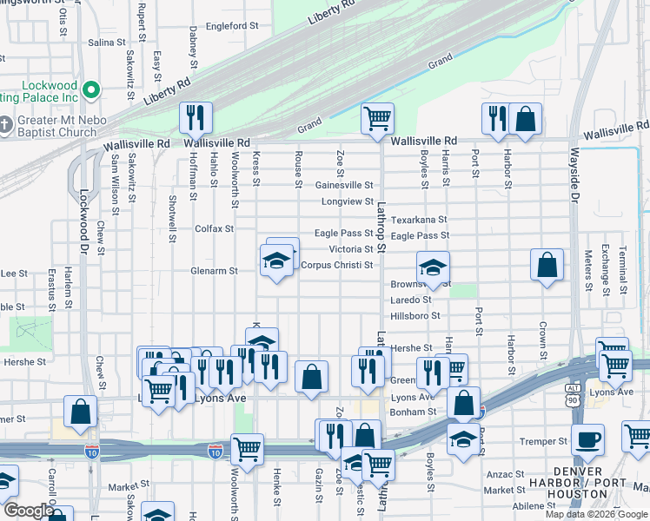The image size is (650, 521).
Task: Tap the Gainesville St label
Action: (343, 185)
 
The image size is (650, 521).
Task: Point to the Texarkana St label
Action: (419, 220)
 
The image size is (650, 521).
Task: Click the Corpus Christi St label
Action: (337, 265)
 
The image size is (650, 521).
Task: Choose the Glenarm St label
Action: (215, 271)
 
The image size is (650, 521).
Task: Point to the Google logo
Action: (28, 511)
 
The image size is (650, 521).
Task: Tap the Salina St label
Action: (107, 42)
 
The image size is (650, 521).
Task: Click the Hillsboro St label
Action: (415, 316)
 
